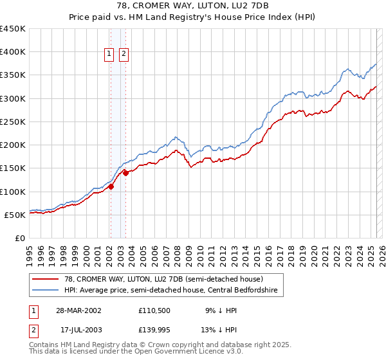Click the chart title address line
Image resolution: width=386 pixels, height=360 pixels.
coord(193,6)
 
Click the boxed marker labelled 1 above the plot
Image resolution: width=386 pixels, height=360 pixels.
coord(109,55)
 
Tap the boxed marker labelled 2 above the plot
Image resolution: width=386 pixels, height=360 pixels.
coord(124,55)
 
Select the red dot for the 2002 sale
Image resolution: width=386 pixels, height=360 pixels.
coord(111,187)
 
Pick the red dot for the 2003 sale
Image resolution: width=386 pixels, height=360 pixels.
coord(126,173)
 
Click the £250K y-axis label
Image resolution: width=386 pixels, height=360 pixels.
coord(13,122)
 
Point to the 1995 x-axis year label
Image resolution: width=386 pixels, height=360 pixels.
coord(30,251)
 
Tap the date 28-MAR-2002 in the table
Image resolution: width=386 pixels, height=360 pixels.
coord(78,310)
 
